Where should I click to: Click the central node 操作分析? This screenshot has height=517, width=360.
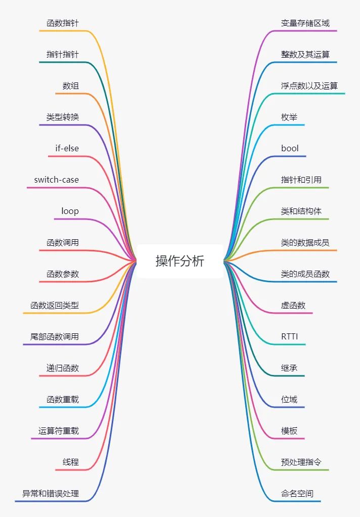pyautogui.click(x=180, y=261)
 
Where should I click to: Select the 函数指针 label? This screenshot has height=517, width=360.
pyautogui.click(x=63, y=23)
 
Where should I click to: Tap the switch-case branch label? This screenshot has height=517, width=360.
pyautogui.click(x=57, y=180)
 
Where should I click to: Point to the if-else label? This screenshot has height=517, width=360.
pyautogui.click(x=67, y=148)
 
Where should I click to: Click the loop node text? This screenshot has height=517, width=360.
pyautogui.click(x=70, y=211)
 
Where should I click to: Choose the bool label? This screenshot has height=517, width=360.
pyautogui.click(x=290, y=148)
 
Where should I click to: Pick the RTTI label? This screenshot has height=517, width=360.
pyautogui.click(x=291, y=336)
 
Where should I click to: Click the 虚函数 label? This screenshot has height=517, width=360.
pyautogui.click(x=293, y=305)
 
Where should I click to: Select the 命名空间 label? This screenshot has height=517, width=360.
pyautogui.click(x=297, y=493)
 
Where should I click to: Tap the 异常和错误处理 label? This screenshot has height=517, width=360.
pyautogui.click(x=51, y=493)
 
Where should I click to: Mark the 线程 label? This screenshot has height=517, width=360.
pyautogui.click(x=71, y=462)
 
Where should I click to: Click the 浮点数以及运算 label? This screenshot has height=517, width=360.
pyautogui.click(x=309, y=85)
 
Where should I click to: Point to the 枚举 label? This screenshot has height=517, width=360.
pyautogui.click(x=289, y=117)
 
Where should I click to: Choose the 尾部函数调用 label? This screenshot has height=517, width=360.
pyautogui.click(x=55, y=336)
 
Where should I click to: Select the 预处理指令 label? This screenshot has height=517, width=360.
pyautogui.click(x=301, y=462)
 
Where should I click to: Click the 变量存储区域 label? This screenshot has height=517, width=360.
pyautogui.click(x=305, y=23)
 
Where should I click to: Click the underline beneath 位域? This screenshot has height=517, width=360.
pyautogui.click(x=292, y=407)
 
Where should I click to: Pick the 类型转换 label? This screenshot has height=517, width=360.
pyautogui.click(x=63, y=117)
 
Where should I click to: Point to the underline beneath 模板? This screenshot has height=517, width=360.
pyautogui.click(x=292, y=439)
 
